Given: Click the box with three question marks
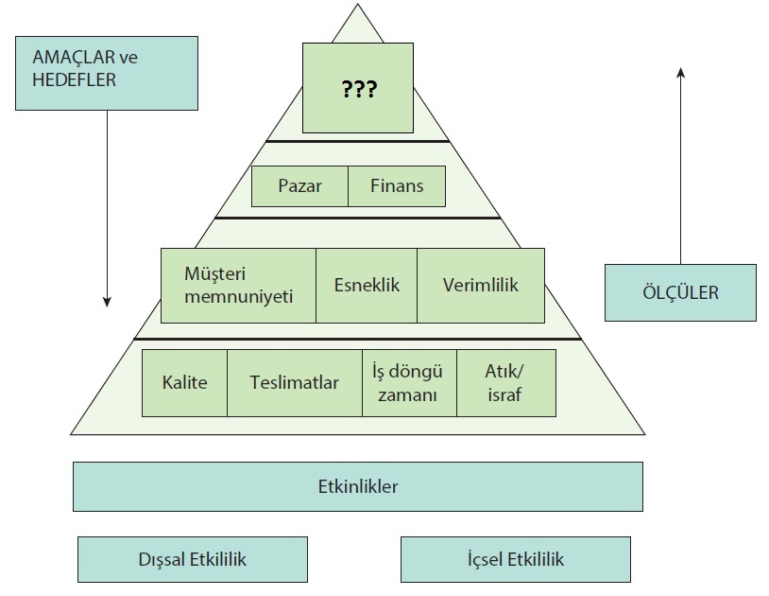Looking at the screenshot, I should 357,88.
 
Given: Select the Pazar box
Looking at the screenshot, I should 299,186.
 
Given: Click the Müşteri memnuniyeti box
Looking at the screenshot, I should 238,285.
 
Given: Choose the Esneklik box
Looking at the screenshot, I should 366,285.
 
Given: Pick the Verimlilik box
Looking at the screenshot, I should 480,285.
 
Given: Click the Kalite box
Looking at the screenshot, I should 184,383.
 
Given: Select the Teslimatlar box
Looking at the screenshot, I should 294,383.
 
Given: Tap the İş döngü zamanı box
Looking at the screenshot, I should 409,383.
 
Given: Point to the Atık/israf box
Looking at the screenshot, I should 505,383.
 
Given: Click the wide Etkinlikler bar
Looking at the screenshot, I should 358,487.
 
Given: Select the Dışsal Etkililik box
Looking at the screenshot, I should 192,559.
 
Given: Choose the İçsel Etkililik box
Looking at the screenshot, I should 516,559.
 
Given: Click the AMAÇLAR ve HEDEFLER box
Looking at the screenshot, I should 107,73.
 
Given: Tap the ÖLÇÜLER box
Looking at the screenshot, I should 680,292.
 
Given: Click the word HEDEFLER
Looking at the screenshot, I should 75,80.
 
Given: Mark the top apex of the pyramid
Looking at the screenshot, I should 358,6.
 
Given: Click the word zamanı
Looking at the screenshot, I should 408,395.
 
